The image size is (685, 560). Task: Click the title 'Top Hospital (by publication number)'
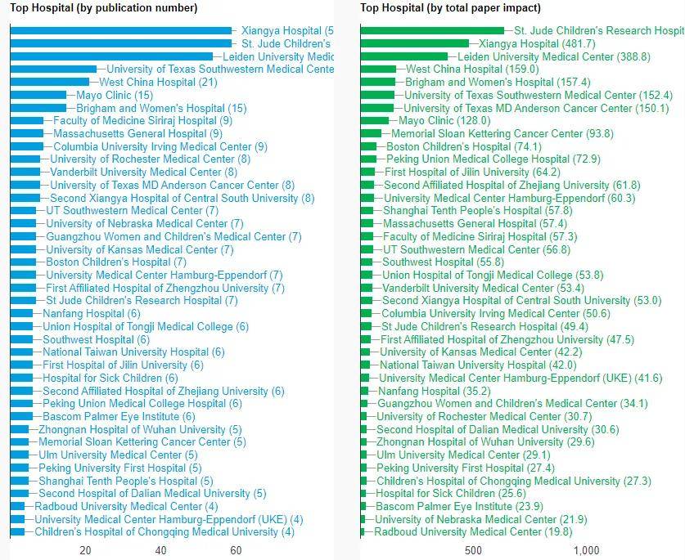coord(103,8)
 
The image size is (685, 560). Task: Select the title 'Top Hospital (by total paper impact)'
coord(450,8)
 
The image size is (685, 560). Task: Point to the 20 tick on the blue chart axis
coord(85,550)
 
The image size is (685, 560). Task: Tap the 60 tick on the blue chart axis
coord(236,550)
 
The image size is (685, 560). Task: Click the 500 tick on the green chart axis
coord(473,550)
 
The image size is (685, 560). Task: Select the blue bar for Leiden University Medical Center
coord(111,56)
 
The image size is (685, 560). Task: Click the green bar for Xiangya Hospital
coord(415,43)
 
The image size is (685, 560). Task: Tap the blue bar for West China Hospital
coord(50,82)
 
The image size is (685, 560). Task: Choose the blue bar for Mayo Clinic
coord(38,95)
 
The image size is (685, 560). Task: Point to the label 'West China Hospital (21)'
coord(158,82)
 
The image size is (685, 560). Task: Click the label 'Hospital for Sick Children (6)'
coord(110,378)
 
